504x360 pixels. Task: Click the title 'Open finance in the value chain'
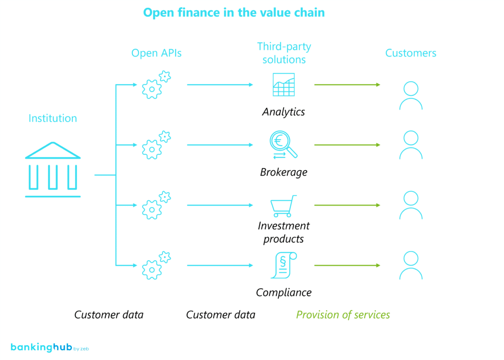click(x=234, y=12)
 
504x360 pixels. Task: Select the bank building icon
click(x=53, y=170)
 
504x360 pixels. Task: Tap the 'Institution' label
click(x=53, y=119)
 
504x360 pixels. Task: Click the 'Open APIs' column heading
click(x=156, y=53)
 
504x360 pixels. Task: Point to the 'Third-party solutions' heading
click(x=284, y=53)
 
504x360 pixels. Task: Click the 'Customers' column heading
click(x=410, y=53)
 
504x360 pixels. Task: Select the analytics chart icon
click(x=284, y=85)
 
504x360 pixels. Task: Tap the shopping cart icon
click(x=284, y=206)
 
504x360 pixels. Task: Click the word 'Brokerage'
click(x=284, y=173)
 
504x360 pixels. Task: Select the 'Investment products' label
click(x=284, y=233)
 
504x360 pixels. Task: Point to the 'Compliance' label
click(x=284, y=293)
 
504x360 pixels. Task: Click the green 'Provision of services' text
click(x=343, y=315)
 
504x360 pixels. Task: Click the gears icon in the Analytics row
click(x=156, y=85)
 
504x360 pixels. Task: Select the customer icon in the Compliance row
click(x=410, y=266)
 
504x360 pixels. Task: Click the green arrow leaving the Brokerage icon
click(x=347, y=145)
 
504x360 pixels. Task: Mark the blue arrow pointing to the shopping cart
click(x=220, y=205)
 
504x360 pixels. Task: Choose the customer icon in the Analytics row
click(x=410, y=95)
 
